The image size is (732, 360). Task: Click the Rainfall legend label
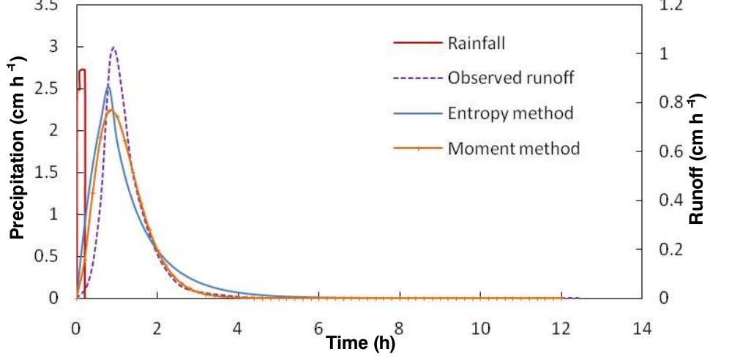pyautogui.click(x=477, y=42)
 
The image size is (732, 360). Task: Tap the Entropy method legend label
pyautogui.click(x=509, y=113)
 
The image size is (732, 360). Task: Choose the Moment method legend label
pyautogui.click(x=513, y=149)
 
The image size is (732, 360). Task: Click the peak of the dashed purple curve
pyautogui.click(x=113, y=48)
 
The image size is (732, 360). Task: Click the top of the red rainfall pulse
pyautogui.click(x=81, y=70)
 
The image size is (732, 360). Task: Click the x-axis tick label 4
pyautogui.click(x=237, y=329)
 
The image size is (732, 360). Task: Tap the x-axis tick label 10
pyautogui.click(x=480, y=329)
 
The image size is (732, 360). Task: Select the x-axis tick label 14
pyautogui.click(x=642, y=329)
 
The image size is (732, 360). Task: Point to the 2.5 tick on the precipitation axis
pyautogui.click(x=56, y=89)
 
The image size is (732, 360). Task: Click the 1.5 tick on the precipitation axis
pyautogui.click(x=56, y=173)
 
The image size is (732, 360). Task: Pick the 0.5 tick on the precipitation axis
pyautogui.click(x=56, y=257)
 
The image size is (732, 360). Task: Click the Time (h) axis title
pyautogui.click(x=360, y=343)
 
